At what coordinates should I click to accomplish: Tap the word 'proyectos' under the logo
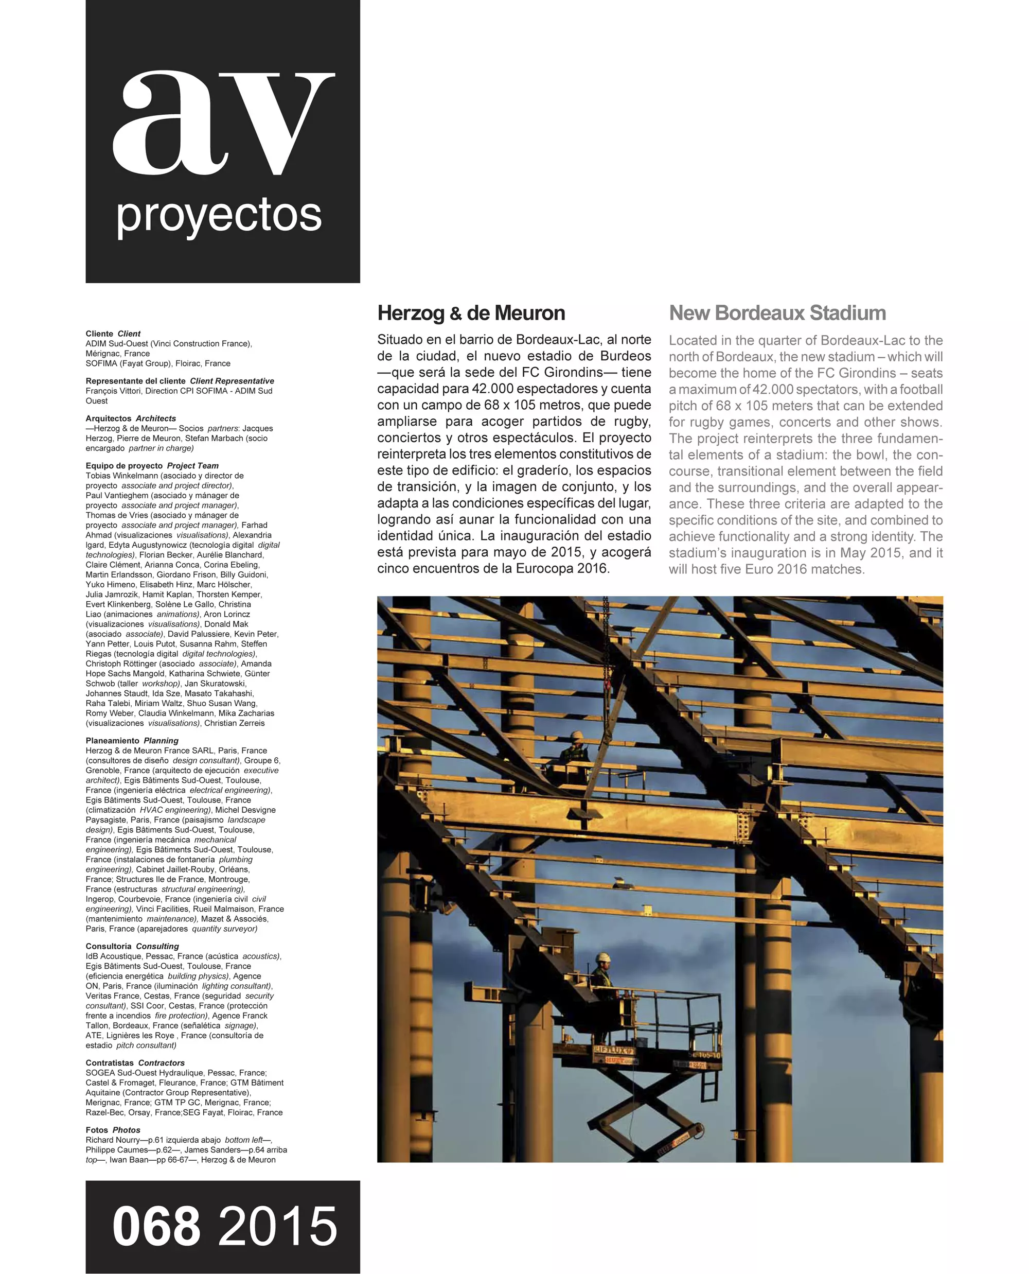pyautogui.click(x=219, y=217)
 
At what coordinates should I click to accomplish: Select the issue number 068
pyautogui.click(x=156, y=1227)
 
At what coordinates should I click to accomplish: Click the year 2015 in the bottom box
pyautogui.click(x=278, y=1227)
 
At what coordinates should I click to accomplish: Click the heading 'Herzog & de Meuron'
pyautogui.click(x=471, y=313)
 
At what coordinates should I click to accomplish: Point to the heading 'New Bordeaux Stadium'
pyautogui.click(x=777, y=313)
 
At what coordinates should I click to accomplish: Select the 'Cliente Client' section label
pyautogui.click(x=113, y=334)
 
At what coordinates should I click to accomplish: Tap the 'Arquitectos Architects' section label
pyautogui.click(x=130, y=418)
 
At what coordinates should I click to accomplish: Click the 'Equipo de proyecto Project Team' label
pyautogui.click(x=152, y=466)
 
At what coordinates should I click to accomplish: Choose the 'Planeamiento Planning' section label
pyautogui.click(x=132, y=741)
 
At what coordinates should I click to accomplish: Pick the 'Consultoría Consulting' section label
pyautogui.click(x=132, y=947)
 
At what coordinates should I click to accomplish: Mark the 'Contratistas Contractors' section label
pyautogui.click(x=135, y=1063)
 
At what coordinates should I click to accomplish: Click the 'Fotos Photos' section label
pyautogui.click(x=113, y=1130)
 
